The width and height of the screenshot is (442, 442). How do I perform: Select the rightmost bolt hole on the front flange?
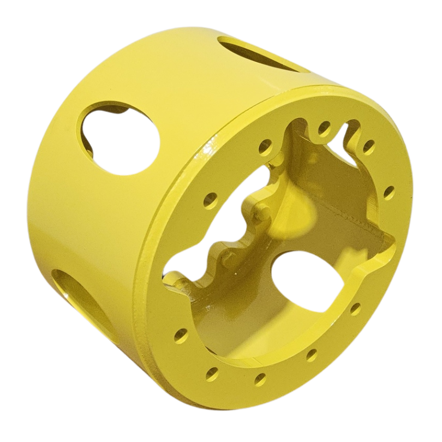pyautogui.click(x=389, y=192)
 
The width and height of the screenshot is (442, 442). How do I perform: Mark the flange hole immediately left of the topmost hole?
pyautogui.click(x=266, y=145)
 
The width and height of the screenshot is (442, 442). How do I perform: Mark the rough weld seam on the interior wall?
pyautogui.click(x=355, y=218)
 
